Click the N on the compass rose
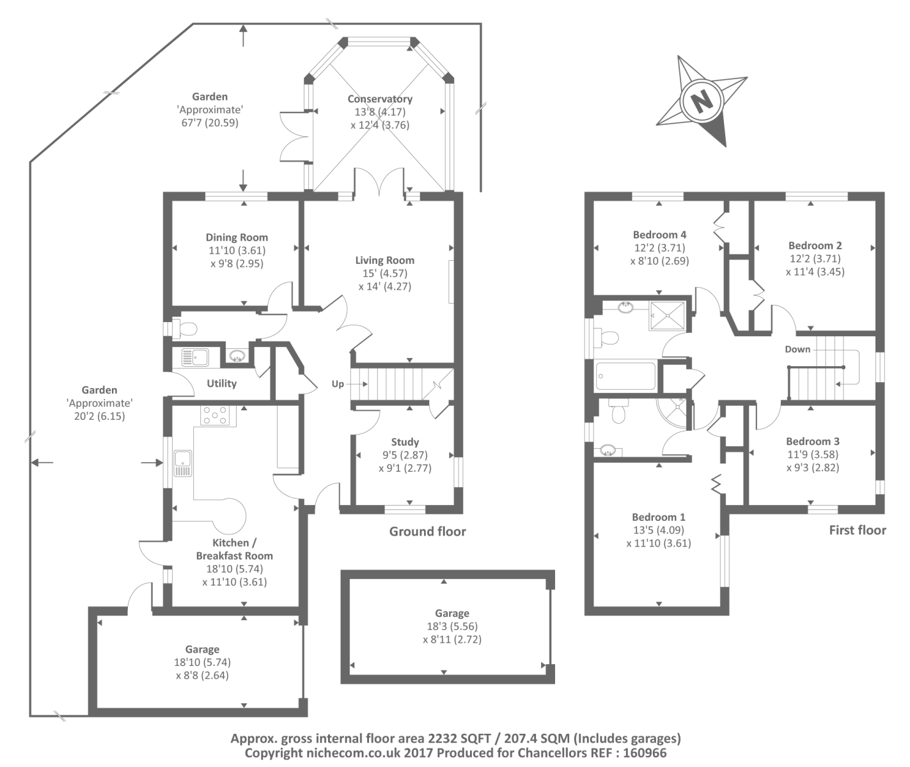pyautogui.click(x=702, y=101)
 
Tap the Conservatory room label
pyautogui.click(x=380, y=99)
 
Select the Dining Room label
pyautogui.click(x=237, y=237)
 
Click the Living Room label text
pyautogui.click(x=384, y=260)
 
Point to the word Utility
pyautogui.click(x=222, y=383)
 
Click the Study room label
pyautogui.click(x=405, y=442)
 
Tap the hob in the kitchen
pyautogui.click(x=216, y=415)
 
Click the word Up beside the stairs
pyautogui.click(x=338, y=384)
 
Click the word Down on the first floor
pyautogui.click(x=797, y=350)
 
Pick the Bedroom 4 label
pyautogui.click(x=659, y=235)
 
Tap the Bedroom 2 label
pyautogui.click(x=815, y=245)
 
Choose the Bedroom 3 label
pyautogui.click(x=813, y=441)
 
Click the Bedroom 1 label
pyautogui.click(x=659, y=517)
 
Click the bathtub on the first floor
pyautogui.click(x=625, y=376)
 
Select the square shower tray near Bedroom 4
pyautogui.click(x=667, y=314)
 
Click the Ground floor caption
pyautogui.click(x=427, y=532)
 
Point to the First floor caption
pyautogui.click(x=858, y=530)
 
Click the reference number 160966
pyautogui.click(x=643, y=753)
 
